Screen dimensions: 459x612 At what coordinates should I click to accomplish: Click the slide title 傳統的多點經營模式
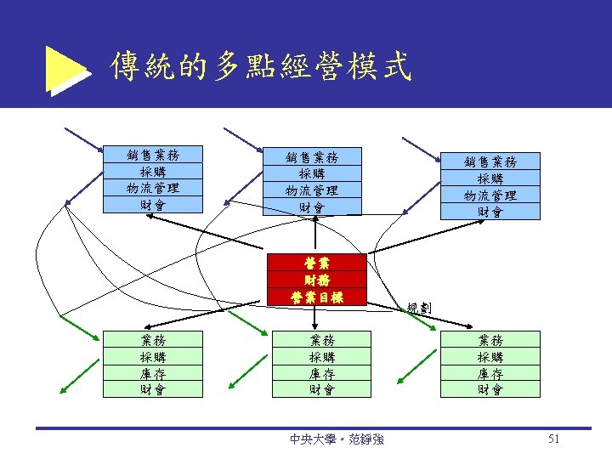261,67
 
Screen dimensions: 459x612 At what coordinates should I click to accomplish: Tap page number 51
553,439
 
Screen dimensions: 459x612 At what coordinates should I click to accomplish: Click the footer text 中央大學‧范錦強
337,439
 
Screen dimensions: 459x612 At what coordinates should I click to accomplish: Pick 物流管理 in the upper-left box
153,188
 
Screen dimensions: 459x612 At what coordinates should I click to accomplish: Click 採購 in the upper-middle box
312,173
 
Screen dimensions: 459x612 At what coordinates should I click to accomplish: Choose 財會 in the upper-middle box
312,207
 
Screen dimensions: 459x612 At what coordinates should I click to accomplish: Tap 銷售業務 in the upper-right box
490,161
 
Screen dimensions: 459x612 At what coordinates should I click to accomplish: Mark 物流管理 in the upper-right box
490,195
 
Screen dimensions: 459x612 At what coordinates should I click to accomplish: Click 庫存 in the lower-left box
153,372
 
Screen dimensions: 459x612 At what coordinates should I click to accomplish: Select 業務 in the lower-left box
153,339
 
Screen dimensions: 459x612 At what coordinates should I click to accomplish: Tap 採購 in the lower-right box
490,356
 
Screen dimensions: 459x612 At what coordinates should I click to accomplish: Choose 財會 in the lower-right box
490,389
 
